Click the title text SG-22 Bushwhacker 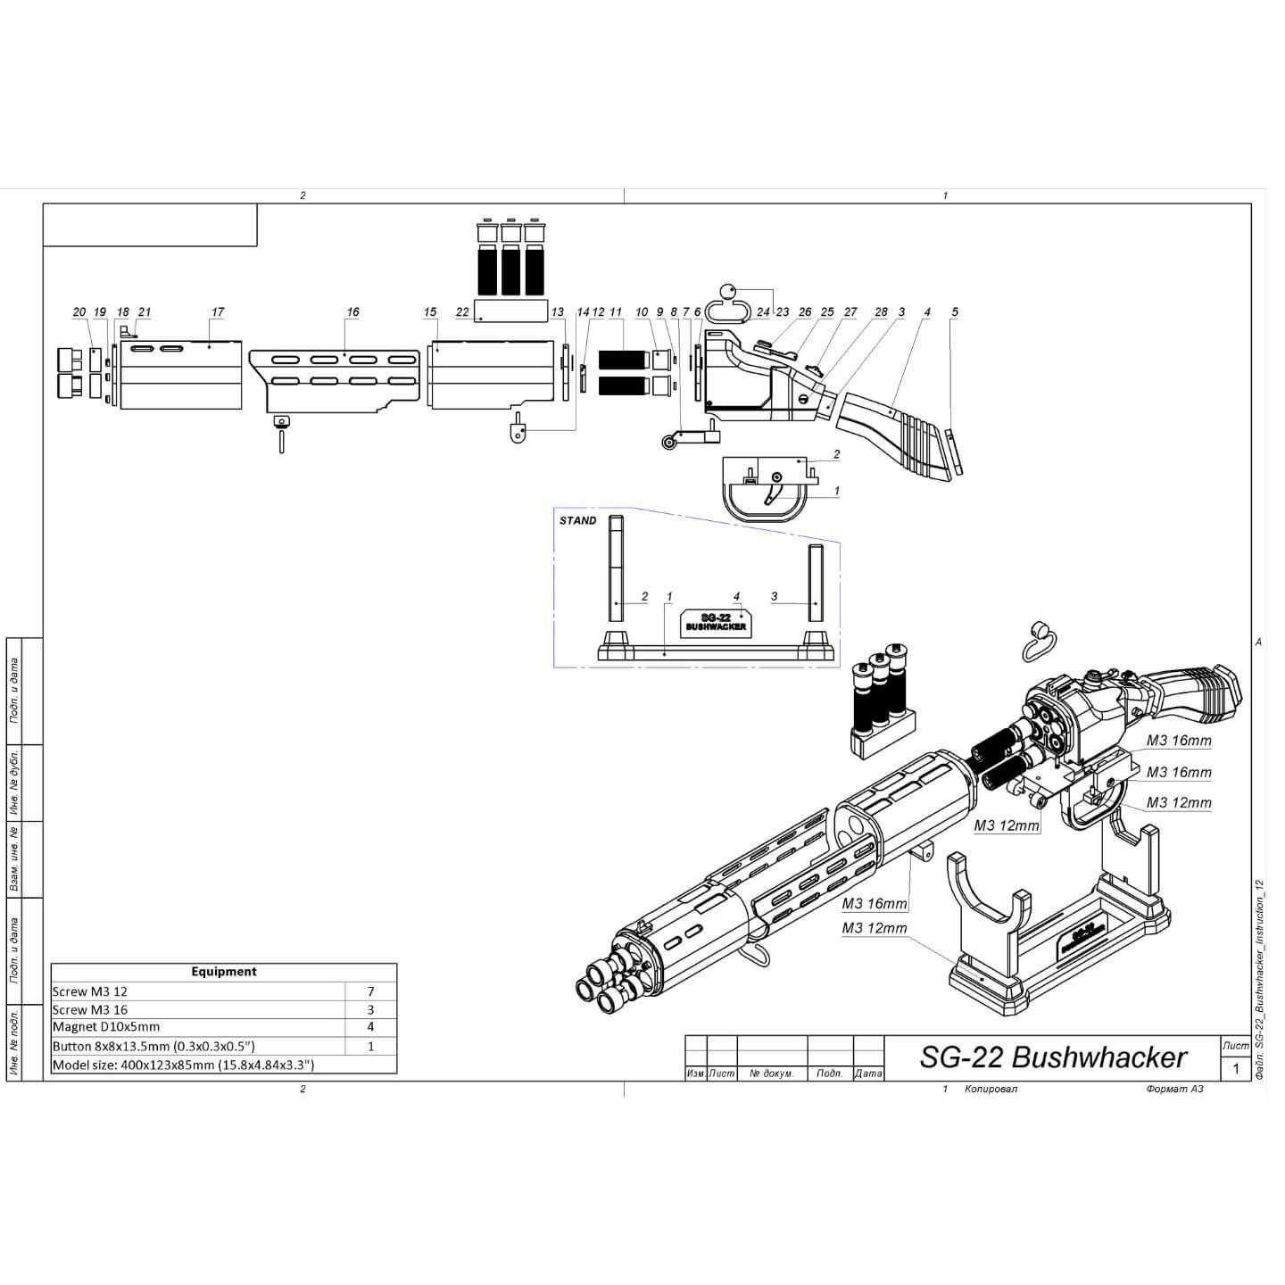coord(1053,1057)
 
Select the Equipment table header coord(223,972)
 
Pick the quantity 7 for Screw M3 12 coord(370,991)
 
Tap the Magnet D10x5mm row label coord(106,1027)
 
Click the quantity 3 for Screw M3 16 coord(370,1010)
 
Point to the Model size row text coord(183,1065)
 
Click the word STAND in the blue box coord(577,520)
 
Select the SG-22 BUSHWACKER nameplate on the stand coord(716,623)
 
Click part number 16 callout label coord(352,312)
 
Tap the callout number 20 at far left coord(79,312)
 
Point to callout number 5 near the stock coord(955,312)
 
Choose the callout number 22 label coord(462,312)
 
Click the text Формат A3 coord(1174,1089)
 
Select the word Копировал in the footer coord(991,1089)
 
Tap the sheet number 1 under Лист coord(1236,1068)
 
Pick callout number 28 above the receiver coord(881,312)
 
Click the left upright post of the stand coord(616,568)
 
